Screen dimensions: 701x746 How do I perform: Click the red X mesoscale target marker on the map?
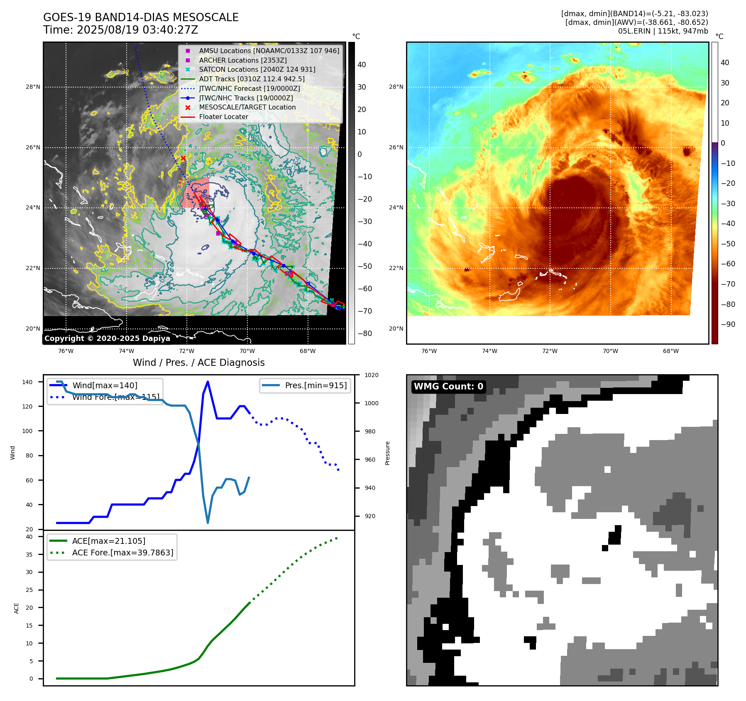point(183,158)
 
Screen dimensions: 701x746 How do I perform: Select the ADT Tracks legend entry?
point(252,79)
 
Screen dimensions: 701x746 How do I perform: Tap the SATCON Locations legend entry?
point(257,69)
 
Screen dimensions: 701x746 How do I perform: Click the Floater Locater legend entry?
point(223,117)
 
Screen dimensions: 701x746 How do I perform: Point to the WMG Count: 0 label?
point(448,387)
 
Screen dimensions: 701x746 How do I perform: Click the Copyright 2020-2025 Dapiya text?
point(107,338)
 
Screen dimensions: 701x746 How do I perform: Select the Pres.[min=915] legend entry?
point(316,385)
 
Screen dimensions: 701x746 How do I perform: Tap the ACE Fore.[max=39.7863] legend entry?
point(122,553)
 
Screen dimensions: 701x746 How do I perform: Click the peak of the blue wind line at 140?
point(208,382)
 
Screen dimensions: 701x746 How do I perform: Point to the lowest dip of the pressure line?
point(208,523)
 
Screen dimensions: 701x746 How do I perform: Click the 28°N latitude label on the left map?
point(33,87)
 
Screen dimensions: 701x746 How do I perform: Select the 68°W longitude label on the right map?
point(671,351)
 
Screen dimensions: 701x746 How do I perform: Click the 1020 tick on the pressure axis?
point(371,375)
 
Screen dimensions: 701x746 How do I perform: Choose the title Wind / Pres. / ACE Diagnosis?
point(198,363)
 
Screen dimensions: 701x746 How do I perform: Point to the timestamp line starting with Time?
point(120,30)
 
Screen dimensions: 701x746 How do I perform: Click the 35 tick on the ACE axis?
point(29,554)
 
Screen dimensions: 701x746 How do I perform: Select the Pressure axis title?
point(387,453)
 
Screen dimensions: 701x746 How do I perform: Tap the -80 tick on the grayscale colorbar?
point(365,333)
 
